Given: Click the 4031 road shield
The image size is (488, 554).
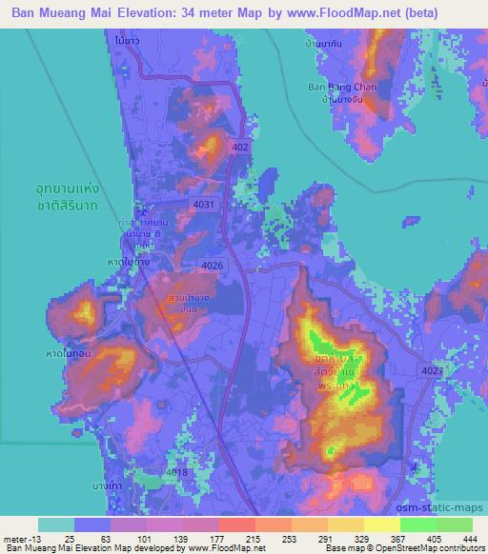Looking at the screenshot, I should click(203, 204).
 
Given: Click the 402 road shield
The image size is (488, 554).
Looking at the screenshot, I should click(239, 147).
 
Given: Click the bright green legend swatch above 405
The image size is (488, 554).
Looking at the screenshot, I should click(418, 524).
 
